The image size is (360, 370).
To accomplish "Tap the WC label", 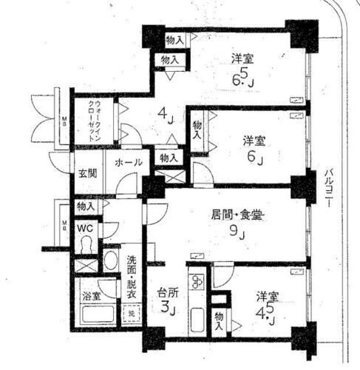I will [x=86, y=229].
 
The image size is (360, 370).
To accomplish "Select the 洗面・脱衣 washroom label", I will [x=131, y=275].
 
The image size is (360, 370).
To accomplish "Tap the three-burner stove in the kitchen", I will [x=198, y=282].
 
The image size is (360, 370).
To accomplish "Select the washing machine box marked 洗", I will [x=131, y=312].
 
